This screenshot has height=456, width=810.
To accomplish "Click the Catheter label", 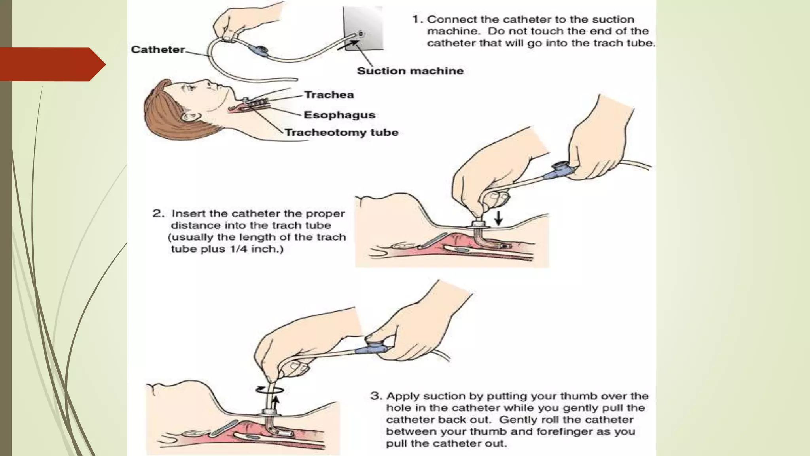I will (158, 49).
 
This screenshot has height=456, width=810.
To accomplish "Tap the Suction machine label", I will (410, 71).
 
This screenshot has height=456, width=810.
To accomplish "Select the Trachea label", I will (329, 95).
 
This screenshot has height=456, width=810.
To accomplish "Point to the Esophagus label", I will (339, 115).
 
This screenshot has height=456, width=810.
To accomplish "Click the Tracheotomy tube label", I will (341, 132).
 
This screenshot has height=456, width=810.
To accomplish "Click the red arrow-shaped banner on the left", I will (51, 64).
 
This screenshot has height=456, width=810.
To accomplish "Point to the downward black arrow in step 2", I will (498, 218).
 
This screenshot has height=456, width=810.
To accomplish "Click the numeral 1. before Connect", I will (418, 19).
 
